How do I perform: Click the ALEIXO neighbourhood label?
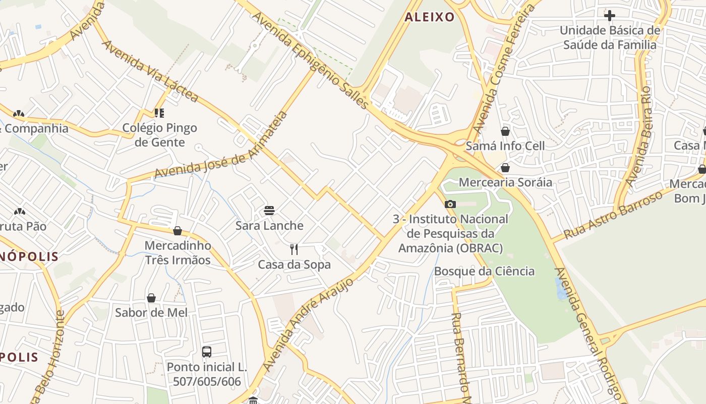[x=430, y=17]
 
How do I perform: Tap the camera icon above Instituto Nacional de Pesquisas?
[x=450, y=204]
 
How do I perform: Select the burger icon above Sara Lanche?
[x=269, y=210]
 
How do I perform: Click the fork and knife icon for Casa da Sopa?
[x=294, y=249]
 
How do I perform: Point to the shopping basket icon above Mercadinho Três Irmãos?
[x=178, y=231]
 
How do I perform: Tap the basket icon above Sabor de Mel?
[x=151, y=298]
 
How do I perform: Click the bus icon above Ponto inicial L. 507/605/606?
[x=207, y=351]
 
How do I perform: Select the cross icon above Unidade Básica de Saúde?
[x=610, y=16]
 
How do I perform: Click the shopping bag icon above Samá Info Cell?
[x=505, y=131]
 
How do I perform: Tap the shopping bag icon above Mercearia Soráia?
[x=505, y=168]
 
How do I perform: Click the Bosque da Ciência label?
[x=484, y=271]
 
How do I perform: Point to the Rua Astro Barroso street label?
[x=613, y=215]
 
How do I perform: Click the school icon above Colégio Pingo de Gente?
[x=159, y=113]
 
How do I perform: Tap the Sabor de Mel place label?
[x=151, y=313]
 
